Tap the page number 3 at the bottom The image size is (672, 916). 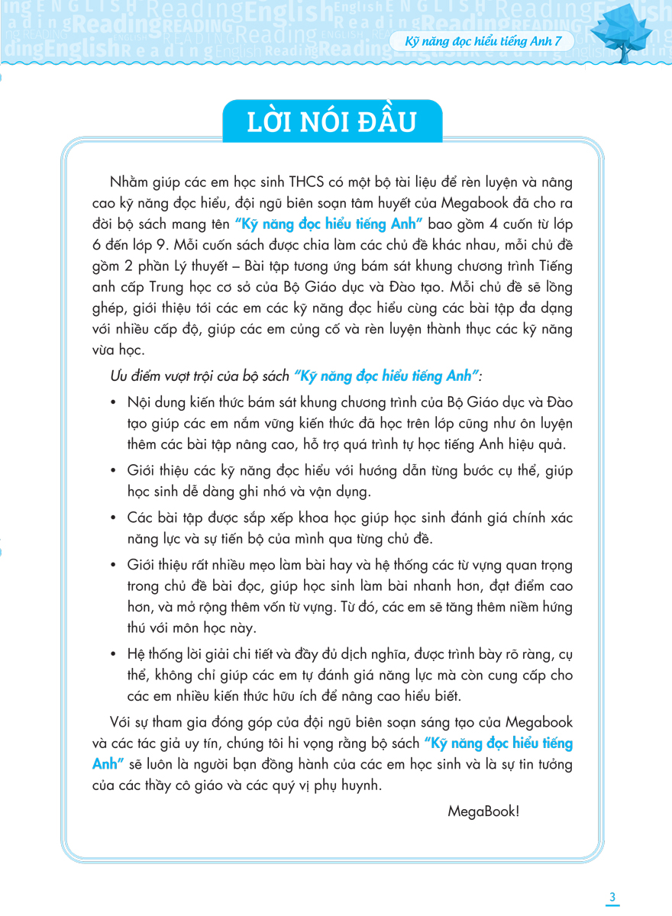[x=612, y=896]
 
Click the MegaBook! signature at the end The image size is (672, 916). [x=483, y=811]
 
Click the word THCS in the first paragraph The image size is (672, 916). [x=308, y=182]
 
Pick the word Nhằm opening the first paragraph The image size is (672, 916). [x=131, y=182]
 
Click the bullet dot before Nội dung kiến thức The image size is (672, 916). [x=115, y=402]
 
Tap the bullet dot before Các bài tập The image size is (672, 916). [x=115, y=518]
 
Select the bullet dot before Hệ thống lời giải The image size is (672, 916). [x=115, y=654]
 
